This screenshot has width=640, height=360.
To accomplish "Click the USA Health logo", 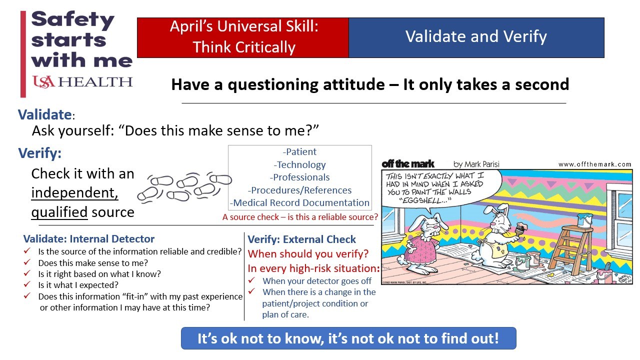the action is [x=82, y=82].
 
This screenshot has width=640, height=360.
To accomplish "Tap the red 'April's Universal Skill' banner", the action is [x=243, y=37].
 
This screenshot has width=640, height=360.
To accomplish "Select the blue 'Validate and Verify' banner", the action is [x=476, y=37].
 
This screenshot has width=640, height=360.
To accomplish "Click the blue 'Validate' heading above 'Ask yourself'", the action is [x=45, y=114].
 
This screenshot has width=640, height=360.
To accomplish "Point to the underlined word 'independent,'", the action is [x=74, y=192].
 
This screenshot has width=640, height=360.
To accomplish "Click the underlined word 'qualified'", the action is [x=59, y=212].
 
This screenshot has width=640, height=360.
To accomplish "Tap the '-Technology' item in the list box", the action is [x=299, y=164].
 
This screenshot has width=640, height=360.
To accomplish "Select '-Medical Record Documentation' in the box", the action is [x=299, y=202].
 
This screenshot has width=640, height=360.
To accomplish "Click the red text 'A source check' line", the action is [x=300, y=217].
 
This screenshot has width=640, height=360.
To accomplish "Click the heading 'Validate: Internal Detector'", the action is [x=89, y=238].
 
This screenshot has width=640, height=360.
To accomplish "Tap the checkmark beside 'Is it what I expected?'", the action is [x=27, y=284].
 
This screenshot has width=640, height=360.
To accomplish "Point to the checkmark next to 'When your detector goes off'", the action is [x=251, y=280].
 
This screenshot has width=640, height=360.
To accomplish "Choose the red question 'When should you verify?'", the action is [x=308, y=253].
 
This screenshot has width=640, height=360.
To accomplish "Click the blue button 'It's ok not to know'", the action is [x=348, y=338].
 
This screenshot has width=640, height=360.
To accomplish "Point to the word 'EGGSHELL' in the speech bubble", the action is [x=423, y=200].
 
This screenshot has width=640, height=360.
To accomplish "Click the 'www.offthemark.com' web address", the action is [x=594, y=164].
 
